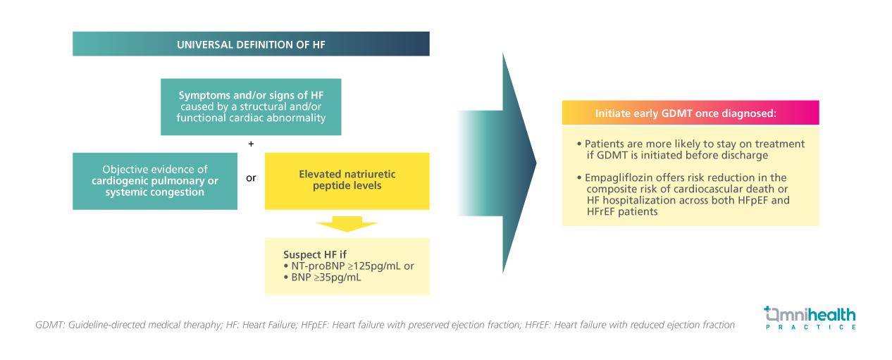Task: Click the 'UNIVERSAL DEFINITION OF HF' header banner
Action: (x=251, y=44)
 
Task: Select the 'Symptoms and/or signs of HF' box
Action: (x=251, y=106)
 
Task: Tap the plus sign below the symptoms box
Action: (x=251, y=144)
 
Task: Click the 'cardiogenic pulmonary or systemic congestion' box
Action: (x=154, y=181)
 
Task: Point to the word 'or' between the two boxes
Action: (x=251, y=178)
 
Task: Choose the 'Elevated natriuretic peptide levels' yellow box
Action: (x=347, y=180)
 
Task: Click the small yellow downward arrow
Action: (x=347, y=224)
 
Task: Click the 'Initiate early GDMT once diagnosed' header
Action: (x=690, y=113)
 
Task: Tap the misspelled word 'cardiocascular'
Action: (x=698, y=189)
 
